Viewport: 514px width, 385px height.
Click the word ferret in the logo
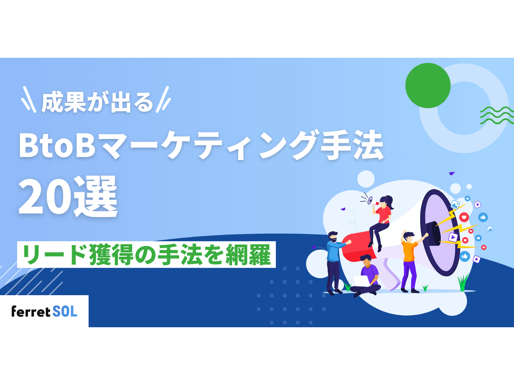click(x=31, y=311)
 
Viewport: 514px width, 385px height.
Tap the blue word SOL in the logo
click(x=66, y=311)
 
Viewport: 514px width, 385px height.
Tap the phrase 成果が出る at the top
click(x=97, y=103)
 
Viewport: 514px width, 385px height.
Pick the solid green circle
click(x=427, y=86)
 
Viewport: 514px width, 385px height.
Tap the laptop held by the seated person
click(x=361, y=281)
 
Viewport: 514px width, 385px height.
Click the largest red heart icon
click(x=464, y=217)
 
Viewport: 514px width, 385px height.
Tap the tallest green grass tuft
click(x=463, y=282)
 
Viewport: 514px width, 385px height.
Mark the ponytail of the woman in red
click(x=390, y=201)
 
